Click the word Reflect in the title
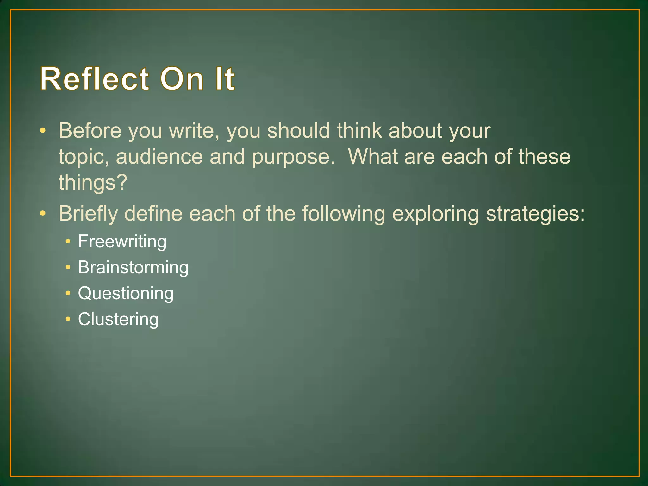94,79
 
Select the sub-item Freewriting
122,242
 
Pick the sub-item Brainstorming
133,268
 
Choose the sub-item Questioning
126,294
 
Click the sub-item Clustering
118,319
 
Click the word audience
159,157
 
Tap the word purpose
293,157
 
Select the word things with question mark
93,183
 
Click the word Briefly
88,214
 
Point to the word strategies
535,214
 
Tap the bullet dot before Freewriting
68,241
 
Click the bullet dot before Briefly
43,214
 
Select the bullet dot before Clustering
68,319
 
